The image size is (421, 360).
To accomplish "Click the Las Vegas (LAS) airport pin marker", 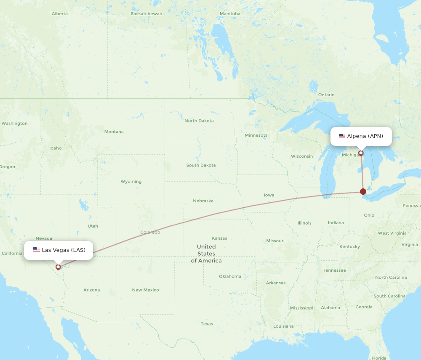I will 58,267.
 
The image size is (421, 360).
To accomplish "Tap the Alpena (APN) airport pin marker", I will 361,153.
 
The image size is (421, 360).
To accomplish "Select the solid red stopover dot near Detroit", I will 363,192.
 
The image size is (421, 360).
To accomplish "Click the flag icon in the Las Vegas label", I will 36,250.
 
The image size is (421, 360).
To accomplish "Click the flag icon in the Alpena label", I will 342,136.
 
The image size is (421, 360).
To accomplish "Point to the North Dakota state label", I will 199,121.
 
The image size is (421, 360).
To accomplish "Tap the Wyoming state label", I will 131,182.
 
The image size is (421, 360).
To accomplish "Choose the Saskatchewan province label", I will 147,13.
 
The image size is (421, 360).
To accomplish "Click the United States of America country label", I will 206,254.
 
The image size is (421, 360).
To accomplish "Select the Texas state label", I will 207,324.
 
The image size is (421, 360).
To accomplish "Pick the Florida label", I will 379,358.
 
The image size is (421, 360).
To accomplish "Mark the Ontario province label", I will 326,95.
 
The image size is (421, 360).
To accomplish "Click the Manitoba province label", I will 230,13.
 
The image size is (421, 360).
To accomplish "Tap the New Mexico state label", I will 146,290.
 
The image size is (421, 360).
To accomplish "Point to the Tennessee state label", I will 334,270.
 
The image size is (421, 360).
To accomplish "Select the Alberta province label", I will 60,13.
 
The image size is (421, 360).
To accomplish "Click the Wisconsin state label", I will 302,156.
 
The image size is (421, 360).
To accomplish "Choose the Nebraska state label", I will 203,201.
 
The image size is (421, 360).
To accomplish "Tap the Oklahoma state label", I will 230,276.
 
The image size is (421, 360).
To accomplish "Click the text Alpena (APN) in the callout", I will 365,136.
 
